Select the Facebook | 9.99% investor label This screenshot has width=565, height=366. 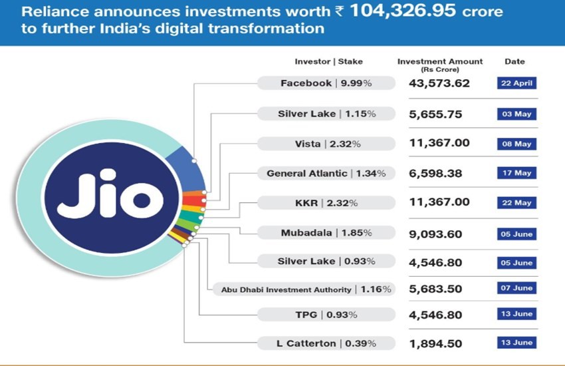325,84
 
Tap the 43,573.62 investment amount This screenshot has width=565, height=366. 435,84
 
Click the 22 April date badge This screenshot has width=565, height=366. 516,84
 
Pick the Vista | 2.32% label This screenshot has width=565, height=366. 325,144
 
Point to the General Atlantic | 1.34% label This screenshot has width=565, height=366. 325,174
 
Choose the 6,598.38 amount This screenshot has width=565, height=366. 435,174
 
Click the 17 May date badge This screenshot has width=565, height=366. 516,173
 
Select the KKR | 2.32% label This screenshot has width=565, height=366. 325,202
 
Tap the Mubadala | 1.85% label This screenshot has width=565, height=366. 325,233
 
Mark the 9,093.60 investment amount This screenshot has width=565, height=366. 435,234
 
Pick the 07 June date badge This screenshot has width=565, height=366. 516,289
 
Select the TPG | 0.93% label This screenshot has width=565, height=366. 325,314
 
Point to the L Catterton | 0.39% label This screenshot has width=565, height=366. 325,343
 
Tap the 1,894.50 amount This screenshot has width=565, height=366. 435,343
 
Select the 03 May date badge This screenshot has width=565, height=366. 516,114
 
